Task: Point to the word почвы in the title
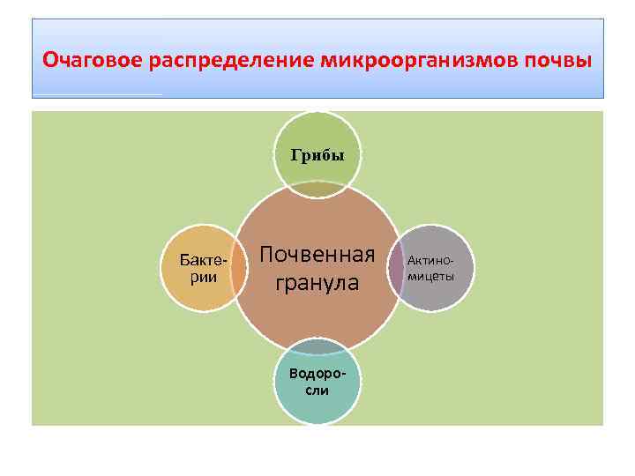(x=559, y=61)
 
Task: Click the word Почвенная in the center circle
(x=317, y=255)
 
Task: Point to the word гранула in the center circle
(x=317, y=283)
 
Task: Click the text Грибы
(x=317, y=154)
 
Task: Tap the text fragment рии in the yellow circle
(x=202, y=277)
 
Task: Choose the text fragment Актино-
(x=431, y=261)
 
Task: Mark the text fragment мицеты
(x=431, y=276)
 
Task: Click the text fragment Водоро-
(x=317, y=373)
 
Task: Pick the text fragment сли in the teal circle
(x=317, y=390)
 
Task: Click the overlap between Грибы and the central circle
(x=317, y=189)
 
